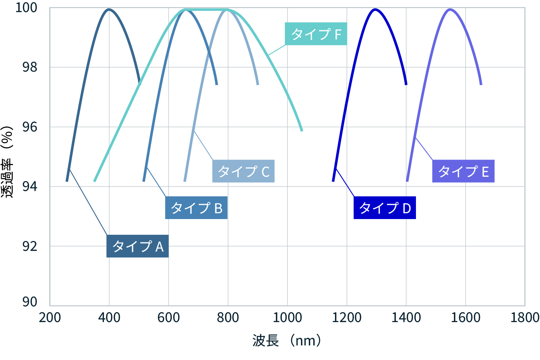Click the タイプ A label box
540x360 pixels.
click(x=137, y=246)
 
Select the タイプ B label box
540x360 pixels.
click(x=196, y=208)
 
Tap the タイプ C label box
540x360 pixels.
click(x=243, y=171)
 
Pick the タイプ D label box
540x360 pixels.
click(x=385, y=208)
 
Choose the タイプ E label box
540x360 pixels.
click(x=463, y=171)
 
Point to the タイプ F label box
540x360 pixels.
click(x=316, y=34)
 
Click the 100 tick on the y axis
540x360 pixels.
click(x=26, y=8)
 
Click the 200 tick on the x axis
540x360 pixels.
click(x=50, y=317)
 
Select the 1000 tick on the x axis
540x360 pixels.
click(x=288, y=317)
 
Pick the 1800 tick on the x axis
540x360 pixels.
click(x=525, y=317)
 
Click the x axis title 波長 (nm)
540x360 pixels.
click(x=287, y=341)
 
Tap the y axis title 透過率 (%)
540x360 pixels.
click(x=7, y=161)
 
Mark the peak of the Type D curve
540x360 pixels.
click(x=375, y=9)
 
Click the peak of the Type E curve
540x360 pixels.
click(x=450, y=9)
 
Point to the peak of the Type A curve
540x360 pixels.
click(x=109, y=9)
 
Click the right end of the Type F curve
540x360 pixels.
click(x=302, y=130)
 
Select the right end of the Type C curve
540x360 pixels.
click(x=258, y=84)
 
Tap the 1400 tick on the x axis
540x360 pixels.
click(x=406, y=317)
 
